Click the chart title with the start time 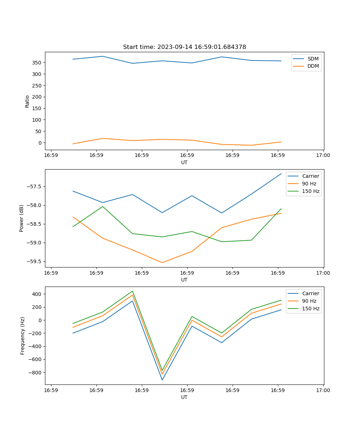184,47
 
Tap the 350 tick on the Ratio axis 37,63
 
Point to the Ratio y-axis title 27,101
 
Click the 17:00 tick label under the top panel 323,156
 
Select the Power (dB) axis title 22,218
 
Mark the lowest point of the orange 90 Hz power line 162,262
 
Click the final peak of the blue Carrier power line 281,174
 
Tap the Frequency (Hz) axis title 23,336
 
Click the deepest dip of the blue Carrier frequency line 162,380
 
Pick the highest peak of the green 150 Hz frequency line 132,291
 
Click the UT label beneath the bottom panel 184,397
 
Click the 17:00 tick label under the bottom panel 323,390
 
